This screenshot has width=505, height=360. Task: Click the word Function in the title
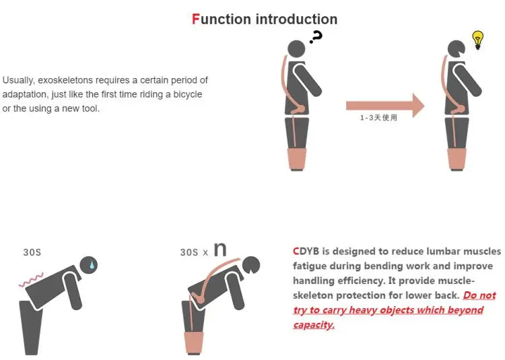click(221, 19)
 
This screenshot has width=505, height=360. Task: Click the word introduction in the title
click(296, 19)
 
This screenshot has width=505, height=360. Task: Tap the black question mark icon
click(316, 37)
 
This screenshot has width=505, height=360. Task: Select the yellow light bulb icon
click(478, 40)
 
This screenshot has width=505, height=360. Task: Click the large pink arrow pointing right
click(384, 105)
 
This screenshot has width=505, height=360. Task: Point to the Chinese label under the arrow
click(378, 118)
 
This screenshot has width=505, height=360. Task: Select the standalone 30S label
click(32, 252)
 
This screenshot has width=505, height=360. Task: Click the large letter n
click(220, 249)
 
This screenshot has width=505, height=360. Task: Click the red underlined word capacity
click(313, 324)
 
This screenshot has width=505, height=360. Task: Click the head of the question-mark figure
click(296, 50)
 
